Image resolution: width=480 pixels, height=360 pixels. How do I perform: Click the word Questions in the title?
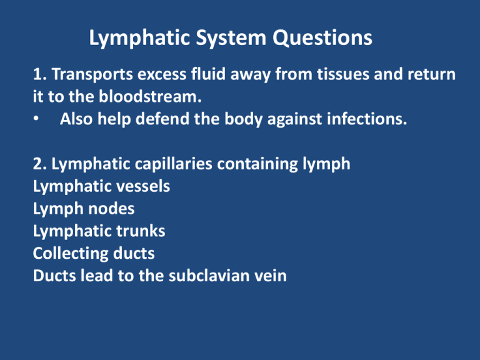click(322, 38)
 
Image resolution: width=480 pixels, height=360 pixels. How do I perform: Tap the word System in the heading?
click(231, 39)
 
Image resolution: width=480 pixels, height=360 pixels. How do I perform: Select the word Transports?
click(92, 74)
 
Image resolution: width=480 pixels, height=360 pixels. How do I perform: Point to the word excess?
click(162, 75)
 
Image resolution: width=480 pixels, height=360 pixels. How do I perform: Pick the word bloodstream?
click(150, 96)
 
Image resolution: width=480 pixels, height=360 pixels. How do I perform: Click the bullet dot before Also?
click(36, 118)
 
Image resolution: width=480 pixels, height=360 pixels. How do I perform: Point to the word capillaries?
click(174, 164)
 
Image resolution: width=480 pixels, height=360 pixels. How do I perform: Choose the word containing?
click(257, 164)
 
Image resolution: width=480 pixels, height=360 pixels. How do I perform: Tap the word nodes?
click(111, 209)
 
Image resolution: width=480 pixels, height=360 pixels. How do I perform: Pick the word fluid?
click(209, 74)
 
